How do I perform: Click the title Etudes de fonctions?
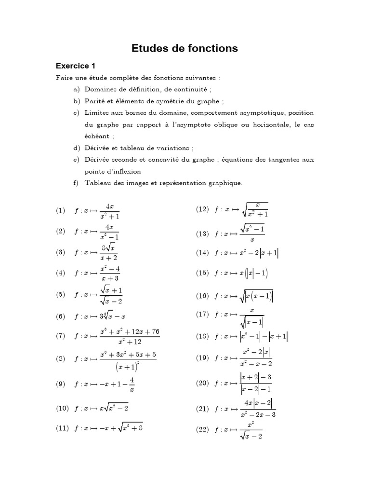tap(185, 48)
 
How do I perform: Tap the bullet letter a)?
tap(77, 89)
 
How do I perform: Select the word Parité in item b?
tap(94, 101)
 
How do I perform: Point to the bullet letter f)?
tap(77, 183)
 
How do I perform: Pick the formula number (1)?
tap(60, 210)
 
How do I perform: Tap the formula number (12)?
tap(202, 209)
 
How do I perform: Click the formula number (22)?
tap(202, 429)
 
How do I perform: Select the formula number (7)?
tap(60, 336)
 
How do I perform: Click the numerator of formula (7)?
tap(129, 331)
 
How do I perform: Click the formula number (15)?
tap(202, 273)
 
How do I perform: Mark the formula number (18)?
tap(202, 336)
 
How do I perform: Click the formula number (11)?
tap(62, 426)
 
